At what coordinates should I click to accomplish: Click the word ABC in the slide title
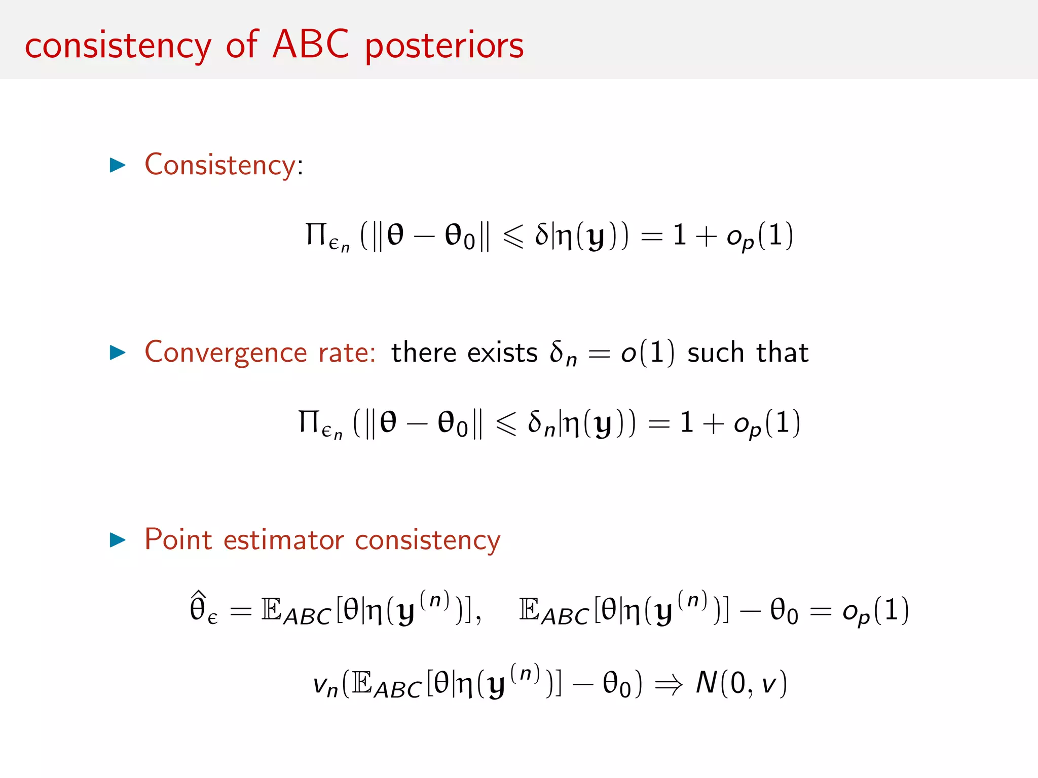(311, 45)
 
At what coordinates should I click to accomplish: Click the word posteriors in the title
(444, 47)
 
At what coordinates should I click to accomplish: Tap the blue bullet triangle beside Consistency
(118, 165)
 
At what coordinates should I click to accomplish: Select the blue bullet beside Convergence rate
(118, 353)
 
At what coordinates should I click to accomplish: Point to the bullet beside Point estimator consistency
(118, 540)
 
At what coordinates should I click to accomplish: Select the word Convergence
(226, 353)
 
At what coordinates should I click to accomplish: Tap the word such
(715, 353)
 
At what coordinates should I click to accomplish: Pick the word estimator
(284, 540)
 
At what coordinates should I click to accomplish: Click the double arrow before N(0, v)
(669, 685)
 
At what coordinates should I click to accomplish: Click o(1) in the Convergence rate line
(648, 353)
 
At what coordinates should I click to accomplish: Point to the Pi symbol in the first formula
(316, 235)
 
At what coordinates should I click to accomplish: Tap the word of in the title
(243, 45)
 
